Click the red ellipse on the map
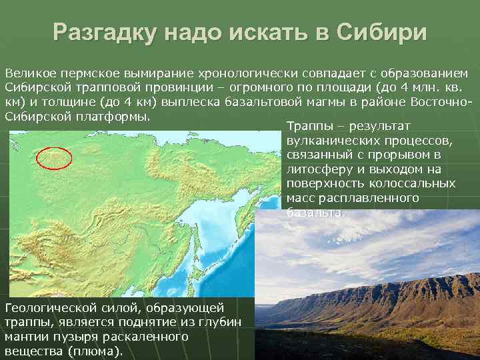click(54, 158)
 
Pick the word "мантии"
click(26, 337)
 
